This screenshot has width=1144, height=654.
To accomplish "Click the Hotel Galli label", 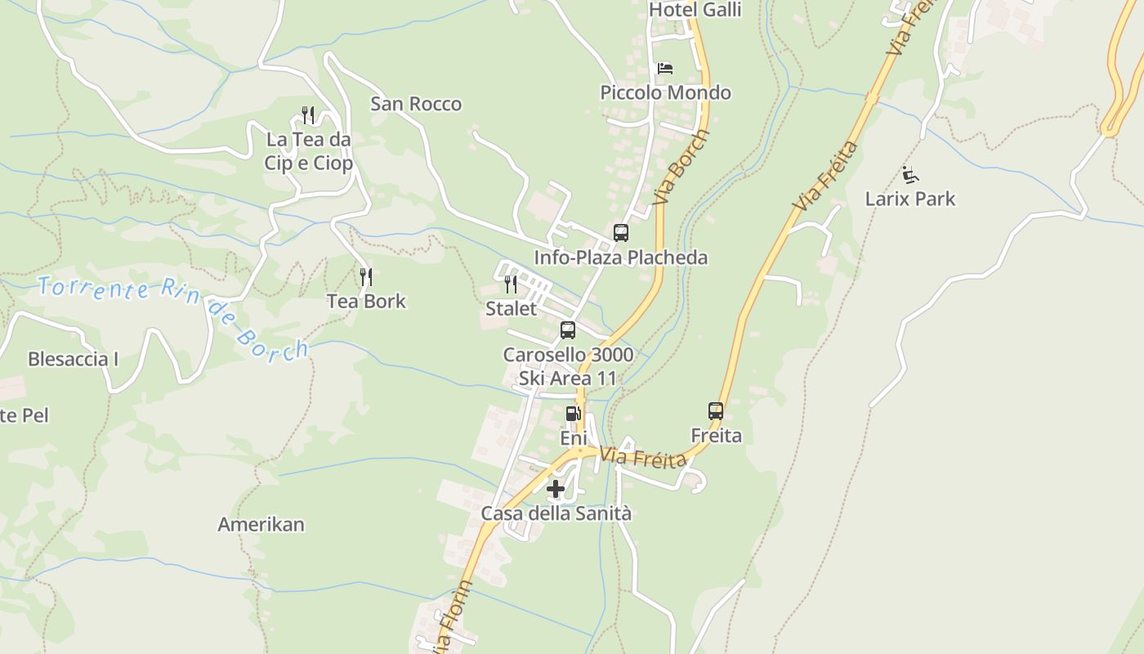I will (695, 10).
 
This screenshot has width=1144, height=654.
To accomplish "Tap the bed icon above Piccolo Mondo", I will (665, 68).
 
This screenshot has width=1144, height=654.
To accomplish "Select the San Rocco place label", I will (416, 104).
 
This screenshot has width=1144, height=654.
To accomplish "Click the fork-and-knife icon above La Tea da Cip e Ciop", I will (308, 114).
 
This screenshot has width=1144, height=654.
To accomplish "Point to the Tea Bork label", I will (366, 301).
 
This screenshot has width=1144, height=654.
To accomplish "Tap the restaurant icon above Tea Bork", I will (366, 277).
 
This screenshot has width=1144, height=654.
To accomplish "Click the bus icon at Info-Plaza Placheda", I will (621, 233).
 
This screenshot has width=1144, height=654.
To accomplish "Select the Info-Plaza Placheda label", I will (621, 258).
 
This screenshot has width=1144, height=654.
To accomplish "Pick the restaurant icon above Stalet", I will (511, 284).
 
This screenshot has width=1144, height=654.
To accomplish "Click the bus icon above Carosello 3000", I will (568, 330).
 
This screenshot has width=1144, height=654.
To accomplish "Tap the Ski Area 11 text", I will (567, 379).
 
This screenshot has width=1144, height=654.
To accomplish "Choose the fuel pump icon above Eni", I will (574, 414).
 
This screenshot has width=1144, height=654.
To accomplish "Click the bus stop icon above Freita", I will (716, 411).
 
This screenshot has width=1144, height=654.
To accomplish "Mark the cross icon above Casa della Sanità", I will (556, 490).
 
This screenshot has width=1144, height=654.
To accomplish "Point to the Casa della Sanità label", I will (556, 514).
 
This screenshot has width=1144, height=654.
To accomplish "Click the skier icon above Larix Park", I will (910, 174).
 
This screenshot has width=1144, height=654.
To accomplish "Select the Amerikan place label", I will (261, 525).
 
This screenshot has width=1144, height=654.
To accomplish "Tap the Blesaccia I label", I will (74, 359).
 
